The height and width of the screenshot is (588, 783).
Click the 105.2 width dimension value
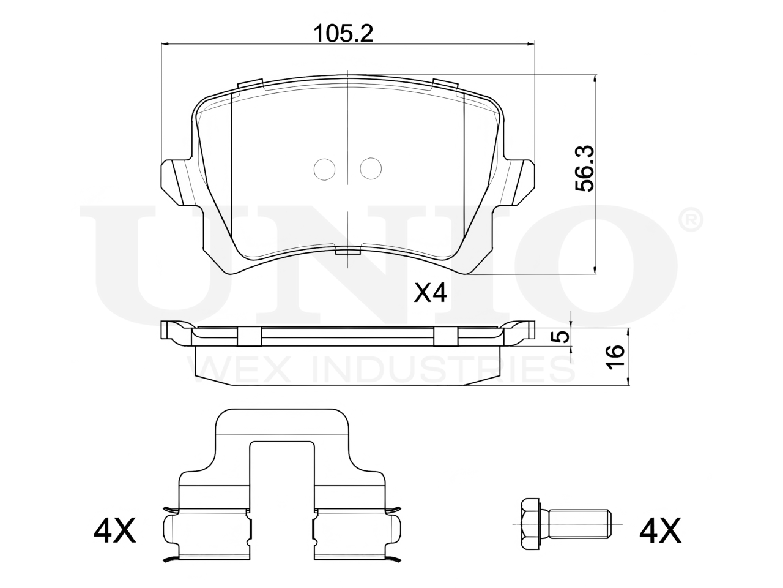[x=343, y=34]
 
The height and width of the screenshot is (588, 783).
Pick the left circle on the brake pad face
[x=324, y=169]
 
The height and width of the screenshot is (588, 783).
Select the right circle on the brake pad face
[x=371, y=168]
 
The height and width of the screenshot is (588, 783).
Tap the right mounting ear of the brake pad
[x=518, y=183]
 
